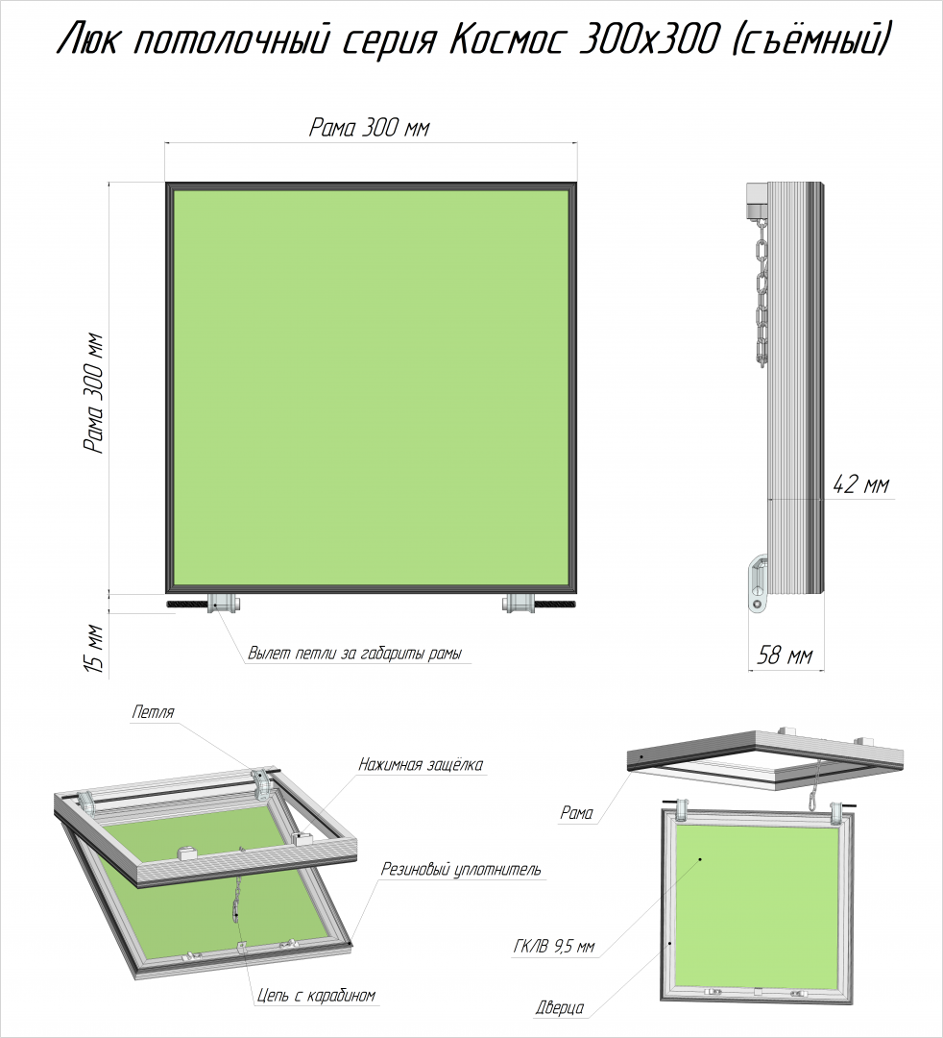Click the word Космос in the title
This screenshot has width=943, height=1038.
pos(507,41)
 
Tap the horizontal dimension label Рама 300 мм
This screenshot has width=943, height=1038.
pos(370,127)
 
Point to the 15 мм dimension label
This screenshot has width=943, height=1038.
pos(95,649)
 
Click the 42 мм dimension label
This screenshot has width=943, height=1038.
pos(861,484)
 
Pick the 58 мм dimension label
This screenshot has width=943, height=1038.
pos(784,655)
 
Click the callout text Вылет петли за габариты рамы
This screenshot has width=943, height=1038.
pos(355,654)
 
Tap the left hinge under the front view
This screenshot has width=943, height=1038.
pos(224,603)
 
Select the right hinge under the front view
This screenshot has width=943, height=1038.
pos(519,603)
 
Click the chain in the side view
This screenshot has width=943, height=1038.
pos(762,292)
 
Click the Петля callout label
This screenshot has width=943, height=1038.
pos(153,712)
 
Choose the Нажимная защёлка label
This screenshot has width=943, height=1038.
pos(421,765)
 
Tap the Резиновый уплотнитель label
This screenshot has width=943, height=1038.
pos(460,869)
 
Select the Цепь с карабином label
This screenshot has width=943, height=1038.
pos(316,995)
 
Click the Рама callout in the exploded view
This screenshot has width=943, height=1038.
pos(576,813)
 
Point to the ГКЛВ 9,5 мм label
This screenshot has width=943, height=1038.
pos(553,948)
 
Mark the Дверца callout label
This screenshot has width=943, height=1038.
pos(560,1007)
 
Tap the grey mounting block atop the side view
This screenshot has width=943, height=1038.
pos(757,200)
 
